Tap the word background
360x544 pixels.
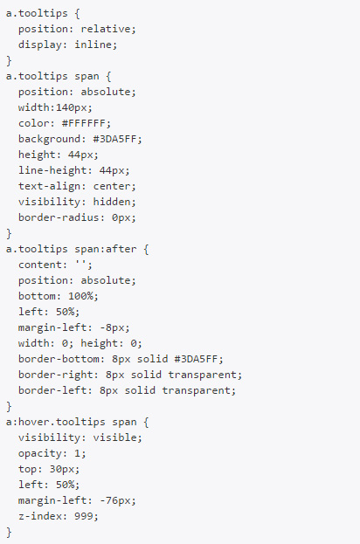tap(49, 139)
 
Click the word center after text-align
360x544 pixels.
tap(112, 186)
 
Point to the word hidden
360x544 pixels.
tap(112, 202)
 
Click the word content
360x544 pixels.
tap(40, 265)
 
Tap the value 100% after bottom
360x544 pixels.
tap(80, 296)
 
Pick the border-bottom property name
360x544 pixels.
tap(59, 359)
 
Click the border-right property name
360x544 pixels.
tap(56, 375)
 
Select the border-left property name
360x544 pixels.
tap(52, 390)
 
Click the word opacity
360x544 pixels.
tap(40, 453)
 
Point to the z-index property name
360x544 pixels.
tap(40, 516)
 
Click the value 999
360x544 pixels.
tap(84, 516)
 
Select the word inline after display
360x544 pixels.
tap(93, 45)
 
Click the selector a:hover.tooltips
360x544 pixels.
tap(56, 423)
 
